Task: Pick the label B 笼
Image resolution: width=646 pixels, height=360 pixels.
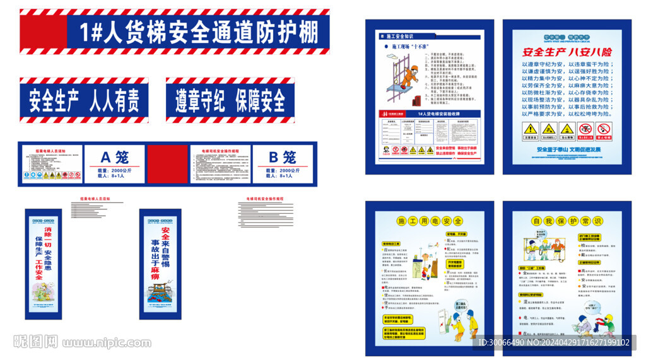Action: coord(282,157)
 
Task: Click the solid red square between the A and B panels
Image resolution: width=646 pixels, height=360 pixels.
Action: coord(168,165)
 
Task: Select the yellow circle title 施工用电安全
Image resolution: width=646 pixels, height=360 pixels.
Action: coord(430,221)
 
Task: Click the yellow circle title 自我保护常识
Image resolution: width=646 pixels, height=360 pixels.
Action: coord(567,221)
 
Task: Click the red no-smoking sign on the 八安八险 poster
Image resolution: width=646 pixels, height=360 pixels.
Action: coord(585,129)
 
